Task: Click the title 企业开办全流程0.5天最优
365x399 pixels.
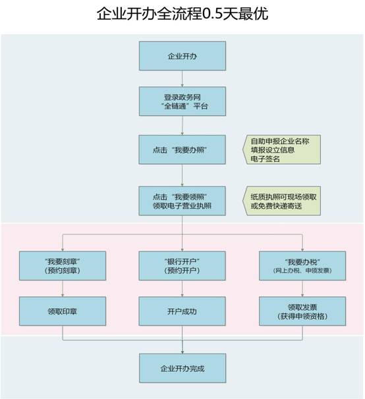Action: coord(182,13)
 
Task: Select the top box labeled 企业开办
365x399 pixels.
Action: coord(182,56)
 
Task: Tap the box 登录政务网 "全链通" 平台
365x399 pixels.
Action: coord(182,101)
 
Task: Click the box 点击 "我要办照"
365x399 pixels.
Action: coord(182,149)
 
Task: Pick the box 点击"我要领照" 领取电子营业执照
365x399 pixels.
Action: coord(182,201)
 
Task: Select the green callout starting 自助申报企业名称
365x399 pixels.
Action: coord(281,149)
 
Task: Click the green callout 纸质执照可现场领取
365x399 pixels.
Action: coord(281,201)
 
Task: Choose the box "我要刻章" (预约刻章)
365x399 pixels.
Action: coord(63,266)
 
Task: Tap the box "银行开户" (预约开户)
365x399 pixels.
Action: coord(182,266)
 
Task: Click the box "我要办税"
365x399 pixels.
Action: coord(302,266)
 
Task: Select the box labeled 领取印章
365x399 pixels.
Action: coord(63,311)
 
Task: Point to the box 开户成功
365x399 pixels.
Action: coord(182,311)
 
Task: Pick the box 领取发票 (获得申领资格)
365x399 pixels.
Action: coord(302,311)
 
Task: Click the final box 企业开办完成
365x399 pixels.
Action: coord(182,368)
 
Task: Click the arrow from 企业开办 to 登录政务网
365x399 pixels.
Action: coord(182,78)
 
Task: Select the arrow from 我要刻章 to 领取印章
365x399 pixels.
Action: coord(63,288)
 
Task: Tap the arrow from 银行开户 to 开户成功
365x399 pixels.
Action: coord(182,288)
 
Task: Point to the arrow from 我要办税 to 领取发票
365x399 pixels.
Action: coord(302,288)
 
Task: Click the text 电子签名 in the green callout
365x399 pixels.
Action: coord(265,159)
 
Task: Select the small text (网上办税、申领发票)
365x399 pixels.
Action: coord(302,271)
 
